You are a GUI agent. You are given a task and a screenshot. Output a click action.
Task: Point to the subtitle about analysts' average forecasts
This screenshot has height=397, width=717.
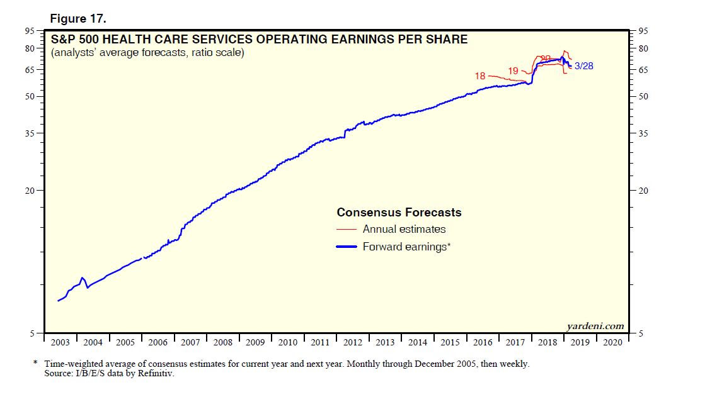click(x=147, y=53)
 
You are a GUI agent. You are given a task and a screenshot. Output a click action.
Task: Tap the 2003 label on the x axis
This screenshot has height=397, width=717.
click(x=60, y=342)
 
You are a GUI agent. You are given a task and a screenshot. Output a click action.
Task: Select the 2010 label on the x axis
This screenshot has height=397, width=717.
click(x=288, y=342)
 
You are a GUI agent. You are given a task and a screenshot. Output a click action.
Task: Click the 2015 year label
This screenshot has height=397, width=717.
click(x=450, y=342)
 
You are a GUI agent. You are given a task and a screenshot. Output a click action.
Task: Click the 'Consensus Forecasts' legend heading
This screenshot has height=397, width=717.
click(x=399, y=213)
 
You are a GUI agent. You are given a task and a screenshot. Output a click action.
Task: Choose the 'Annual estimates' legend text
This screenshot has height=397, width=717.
click(x=404, y=230)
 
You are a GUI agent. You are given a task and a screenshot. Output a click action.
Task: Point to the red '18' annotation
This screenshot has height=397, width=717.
click(x=480, y=76)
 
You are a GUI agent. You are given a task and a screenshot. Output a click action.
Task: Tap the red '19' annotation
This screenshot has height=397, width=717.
click(x=513, y=71)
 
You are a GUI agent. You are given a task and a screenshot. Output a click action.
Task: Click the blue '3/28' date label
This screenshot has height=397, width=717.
click(x=584, y=65)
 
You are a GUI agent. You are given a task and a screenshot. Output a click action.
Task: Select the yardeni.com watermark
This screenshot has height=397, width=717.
click(x=595, y=326)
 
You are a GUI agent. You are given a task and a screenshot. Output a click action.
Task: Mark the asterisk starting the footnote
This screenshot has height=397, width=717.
click(x=35, y=364)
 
